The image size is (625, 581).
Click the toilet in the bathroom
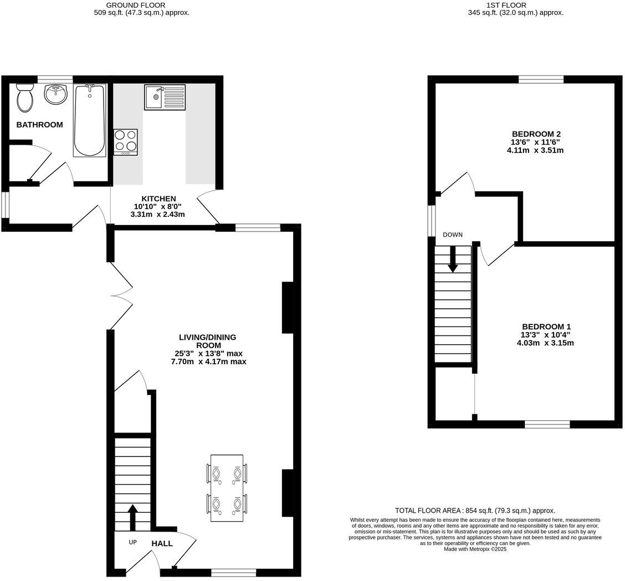coord(24,98)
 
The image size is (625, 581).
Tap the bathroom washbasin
coord(55,95)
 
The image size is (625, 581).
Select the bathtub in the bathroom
coord(89,120)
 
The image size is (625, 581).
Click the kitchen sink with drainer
coord(165,98)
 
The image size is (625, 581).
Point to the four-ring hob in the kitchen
coord(125,142)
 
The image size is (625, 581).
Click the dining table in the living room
coord(227,488)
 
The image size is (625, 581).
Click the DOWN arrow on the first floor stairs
coord(453,259)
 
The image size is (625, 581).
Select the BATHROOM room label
coord(39,125)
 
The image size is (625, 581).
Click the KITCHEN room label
coord(158,198)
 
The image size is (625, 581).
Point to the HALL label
coord(162,544)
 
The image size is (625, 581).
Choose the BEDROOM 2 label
coord(536,134)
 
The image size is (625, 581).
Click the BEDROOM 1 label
coord(545,327)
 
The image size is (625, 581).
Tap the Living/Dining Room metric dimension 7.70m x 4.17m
coord(208,361)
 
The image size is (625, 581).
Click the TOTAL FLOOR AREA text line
coord(475,511)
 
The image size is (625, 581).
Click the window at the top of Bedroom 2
coord(541,79)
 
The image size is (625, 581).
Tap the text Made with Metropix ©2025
coord(475,549)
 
